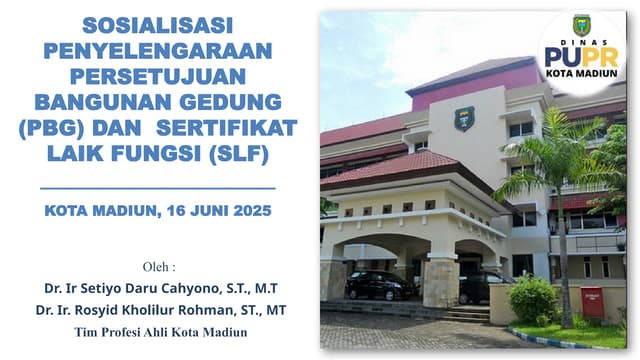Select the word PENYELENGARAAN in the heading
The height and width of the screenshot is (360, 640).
coord(158,50)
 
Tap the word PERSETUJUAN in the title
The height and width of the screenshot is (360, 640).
coord(158,76)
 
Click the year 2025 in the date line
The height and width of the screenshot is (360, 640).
coord(248,211)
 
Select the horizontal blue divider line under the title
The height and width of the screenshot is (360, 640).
coord(158,188)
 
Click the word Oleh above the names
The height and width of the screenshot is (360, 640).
coord(155,267)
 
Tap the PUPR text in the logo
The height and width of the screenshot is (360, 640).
coord(581,56)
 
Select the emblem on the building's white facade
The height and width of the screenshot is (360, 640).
coord(464,118)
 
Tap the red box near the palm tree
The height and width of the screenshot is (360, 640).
coord(592,301)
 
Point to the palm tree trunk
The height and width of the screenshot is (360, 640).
coord(565,250)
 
